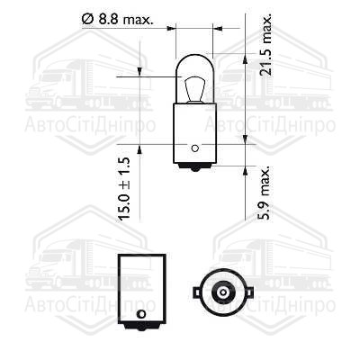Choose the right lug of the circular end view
(x=241, y=292)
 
